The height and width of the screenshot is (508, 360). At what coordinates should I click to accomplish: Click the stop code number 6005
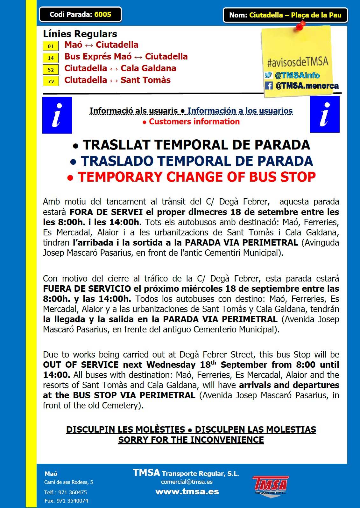(x=103, y=15)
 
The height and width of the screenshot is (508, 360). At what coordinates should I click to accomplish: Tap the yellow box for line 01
(x=51, y=46)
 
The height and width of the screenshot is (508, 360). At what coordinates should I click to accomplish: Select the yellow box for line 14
(x=51, y=58)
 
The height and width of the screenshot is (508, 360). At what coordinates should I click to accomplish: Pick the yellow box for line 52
(x=51, y=70)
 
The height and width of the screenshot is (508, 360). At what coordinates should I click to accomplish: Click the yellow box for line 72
(x=51, y=81)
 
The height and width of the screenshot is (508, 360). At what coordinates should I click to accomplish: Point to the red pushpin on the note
(x=300, y=25)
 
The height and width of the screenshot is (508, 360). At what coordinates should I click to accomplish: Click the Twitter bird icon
(x=268, y=75)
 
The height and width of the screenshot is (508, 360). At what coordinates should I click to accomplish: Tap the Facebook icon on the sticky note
(x=269, y=86)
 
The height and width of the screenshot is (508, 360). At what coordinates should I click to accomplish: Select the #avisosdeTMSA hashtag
(x=298, y=61)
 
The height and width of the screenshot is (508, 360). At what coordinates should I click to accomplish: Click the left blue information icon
(x=57, y=115)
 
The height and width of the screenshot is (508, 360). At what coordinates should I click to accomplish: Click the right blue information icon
(x=325, y=115)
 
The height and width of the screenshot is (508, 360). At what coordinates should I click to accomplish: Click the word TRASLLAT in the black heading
(x=116, y=145)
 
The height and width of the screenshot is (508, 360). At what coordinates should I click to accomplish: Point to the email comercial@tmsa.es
(x=187, y=482)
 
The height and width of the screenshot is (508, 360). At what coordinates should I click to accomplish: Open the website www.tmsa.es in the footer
(x=187, y=492)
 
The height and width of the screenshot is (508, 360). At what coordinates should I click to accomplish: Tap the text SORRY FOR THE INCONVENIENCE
(x=191, y=440)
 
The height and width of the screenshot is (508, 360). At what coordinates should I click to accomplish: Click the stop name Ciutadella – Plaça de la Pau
(x=295, y=15)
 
